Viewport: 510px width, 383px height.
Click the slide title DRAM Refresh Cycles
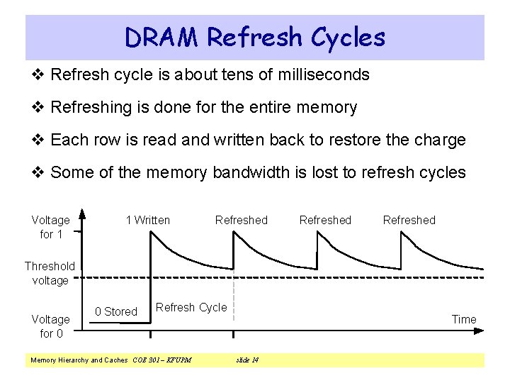coord(255,37)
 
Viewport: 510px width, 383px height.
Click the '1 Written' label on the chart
coord(148,220)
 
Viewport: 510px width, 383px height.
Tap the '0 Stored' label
coord(116,311)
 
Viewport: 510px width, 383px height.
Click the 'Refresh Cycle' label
coord(191,307)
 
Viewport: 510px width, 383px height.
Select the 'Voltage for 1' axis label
coord(51,227)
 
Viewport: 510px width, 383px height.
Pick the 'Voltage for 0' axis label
coord(51,326)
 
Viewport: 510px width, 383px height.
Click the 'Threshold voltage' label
coord(50,273)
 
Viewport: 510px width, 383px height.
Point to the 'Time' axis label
coord(464,319)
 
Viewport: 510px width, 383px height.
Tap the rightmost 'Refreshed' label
coord(409,220)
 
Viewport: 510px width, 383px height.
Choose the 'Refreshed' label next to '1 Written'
coord(242,220)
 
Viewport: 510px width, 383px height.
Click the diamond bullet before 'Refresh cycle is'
coord(40,74)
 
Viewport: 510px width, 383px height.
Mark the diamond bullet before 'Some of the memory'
coord(40,172)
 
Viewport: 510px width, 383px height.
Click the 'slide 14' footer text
coord(247,360)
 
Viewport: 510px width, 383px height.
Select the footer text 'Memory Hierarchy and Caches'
coord(79,360)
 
